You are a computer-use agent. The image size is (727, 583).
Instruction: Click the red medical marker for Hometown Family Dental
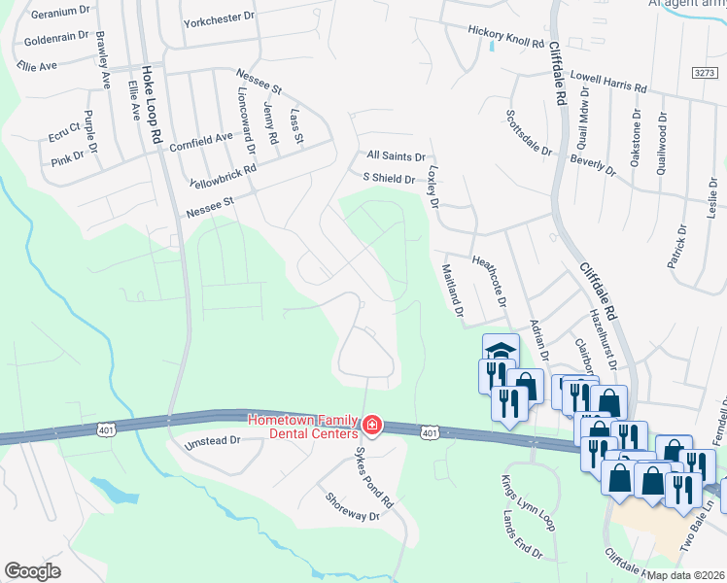pyautogui.click(x=370, y=426)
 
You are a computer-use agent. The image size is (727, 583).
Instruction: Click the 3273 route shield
pyautogui.click(x=706, y=73)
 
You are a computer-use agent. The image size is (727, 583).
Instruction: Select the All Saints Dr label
pyautogui.click(x=396, y=155)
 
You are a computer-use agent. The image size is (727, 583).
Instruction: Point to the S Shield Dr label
pyautogui.click(x=388, y=178)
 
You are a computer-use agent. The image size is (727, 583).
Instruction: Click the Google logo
pyautogui.click(x=33, y=571)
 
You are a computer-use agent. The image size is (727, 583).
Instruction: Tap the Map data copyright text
pyautogui.click(x=685, y=575)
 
